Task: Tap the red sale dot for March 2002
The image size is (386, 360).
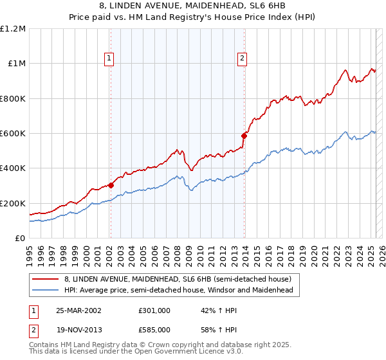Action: pyautogui.click(x=111, y=185)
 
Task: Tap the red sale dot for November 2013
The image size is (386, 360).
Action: pyautogui.click(x=244, y=136)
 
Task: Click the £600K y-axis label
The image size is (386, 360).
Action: pyautogui.click(x=12, y=134)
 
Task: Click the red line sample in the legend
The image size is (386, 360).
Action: pyautogui.click(x=46, y=279)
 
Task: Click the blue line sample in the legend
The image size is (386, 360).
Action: pyautogui.click(x=46, y=291)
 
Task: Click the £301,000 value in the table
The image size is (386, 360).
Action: pyautogui.click(x=154, y=310)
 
